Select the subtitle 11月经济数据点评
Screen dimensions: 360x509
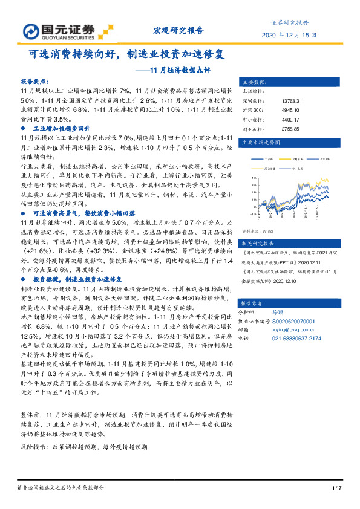(182, 70)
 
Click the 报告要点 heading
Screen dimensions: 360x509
(34, 80)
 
